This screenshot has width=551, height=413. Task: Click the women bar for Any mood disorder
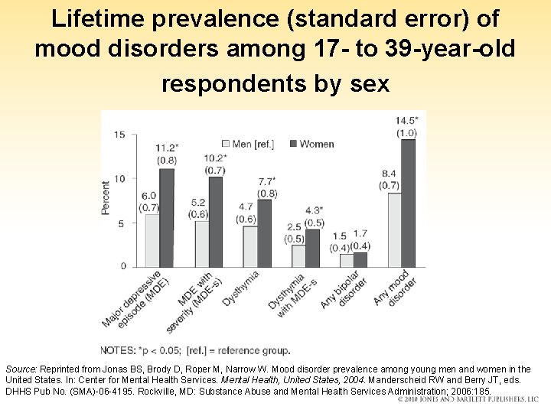coord(408,203)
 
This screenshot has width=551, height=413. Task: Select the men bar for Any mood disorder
coord(394,229)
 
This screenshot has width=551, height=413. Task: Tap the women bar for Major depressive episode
coord(166,217)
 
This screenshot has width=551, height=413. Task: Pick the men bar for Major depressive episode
coord(152,240)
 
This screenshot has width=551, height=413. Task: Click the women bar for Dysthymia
coord(264,233)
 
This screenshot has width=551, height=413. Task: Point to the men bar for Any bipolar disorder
coord(346,260)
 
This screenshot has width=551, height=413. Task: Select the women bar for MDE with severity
coord(215,222)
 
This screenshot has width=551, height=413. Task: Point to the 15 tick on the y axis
coord(120,135)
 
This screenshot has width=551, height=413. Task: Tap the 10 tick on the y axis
coord(120,179)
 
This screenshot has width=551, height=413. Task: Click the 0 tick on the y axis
coord(122,266)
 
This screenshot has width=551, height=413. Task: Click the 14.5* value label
coord(407,121)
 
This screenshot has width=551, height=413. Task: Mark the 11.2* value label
coord(167,148)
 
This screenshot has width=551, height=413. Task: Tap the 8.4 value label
coord(389,174)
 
